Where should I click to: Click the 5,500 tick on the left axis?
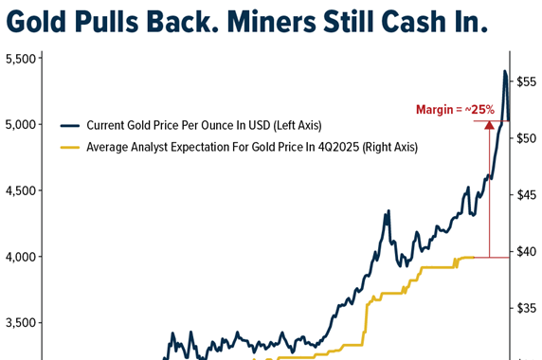(x=21, y=59)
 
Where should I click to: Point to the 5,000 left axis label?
(x=21, y=125)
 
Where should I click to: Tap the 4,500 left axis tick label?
(x=21, y=190)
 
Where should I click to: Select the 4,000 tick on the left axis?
(x=21, y=257)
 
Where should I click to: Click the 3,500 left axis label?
(x=21, y=323)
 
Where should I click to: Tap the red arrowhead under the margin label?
(x=489, y=123)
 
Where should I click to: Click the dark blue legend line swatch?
(x=69, y=125)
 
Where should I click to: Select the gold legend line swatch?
(x=69, y=147)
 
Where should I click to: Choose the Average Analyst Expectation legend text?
(x=252, y=147)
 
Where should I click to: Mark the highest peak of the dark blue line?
(x=504, y=71)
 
